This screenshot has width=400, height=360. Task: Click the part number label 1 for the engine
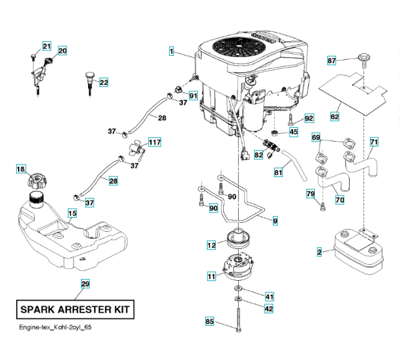click(x=172, y=51)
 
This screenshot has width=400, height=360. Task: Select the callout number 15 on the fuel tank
click(x=72, y=213)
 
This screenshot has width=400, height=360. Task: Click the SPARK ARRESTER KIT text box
click(x=75, y=310)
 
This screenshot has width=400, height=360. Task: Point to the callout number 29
click(x=85, y=284)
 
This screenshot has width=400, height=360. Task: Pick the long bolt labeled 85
click(x=238, y=320)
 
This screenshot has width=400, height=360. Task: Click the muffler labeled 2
click(x=359, y=251)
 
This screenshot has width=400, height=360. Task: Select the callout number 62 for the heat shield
click(x=335, y=116)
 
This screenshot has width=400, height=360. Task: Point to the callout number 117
click(x=155, y=142)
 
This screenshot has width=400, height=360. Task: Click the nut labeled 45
click(x=275, y=133)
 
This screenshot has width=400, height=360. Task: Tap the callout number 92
click(x=309, y=118)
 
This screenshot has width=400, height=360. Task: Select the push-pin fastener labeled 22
click(x=90, y=83)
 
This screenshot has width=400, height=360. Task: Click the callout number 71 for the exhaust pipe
click(x=374, y=142)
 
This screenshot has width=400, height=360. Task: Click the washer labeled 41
click(x=238, y=288)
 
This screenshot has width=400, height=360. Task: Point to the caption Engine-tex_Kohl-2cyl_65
click(x=55, y=328)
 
